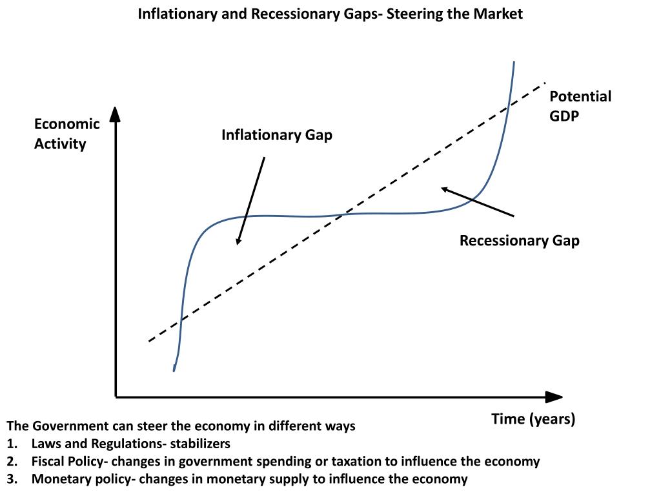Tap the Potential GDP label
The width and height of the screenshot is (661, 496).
[580, 106]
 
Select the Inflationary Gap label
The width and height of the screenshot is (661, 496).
[277, 135]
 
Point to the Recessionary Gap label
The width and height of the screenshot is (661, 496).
[519, 241]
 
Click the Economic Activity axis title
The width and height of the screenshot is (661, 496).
[66, 134]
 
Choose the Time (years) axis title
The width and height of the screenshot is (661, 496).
[533, 419]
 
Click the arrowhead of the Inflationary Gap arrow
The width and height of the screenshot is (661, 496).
[238, 241]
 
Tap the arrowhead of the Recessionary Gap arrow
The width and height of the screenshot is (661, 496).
[445, 189]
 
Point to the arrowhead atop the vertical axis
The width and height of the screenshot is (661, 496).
[115, 114]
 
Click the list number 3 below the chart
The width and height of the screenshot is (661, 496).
[12, 479]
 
